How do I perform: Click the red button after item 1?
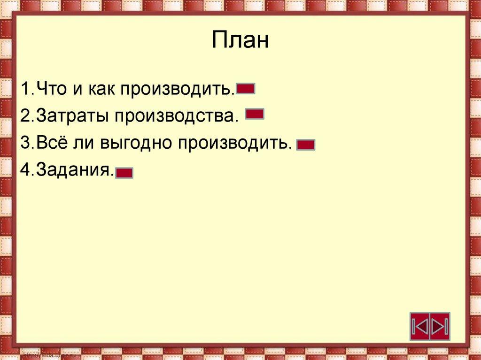(246, 89)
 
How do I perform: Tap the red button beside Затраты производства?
(255, 114)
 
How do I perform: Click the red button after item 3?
(306, 145)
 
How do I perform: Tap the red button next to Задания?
(124, 173)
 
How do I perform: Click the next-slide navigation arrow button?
(440, 326)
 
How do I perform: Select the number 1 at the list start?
(25, 89)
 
